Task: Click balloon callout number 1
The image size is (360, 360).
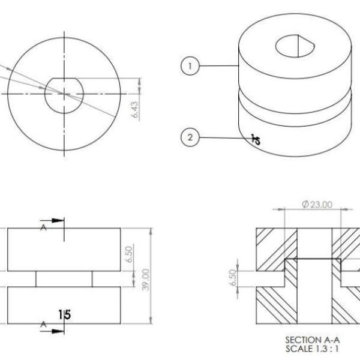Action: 190,66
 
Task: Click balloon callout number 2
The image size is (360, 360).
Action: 190,137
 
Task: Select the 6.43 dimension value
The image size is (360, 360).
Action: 136,110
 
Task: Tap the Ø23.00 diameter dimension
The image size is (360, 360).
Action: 317,205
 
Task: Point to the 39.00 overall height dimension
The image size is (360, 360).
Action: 146,280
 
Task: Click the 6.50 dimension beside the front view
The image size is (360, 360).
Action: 129,254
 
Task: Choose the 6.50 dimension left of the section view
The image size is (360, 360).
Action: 233,278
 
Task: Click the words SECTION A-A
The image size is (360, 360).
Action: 312,340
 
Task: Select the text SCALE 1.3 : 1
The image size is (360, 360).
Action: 312,349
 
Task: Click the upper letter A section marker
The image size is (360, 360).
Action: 43,227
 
